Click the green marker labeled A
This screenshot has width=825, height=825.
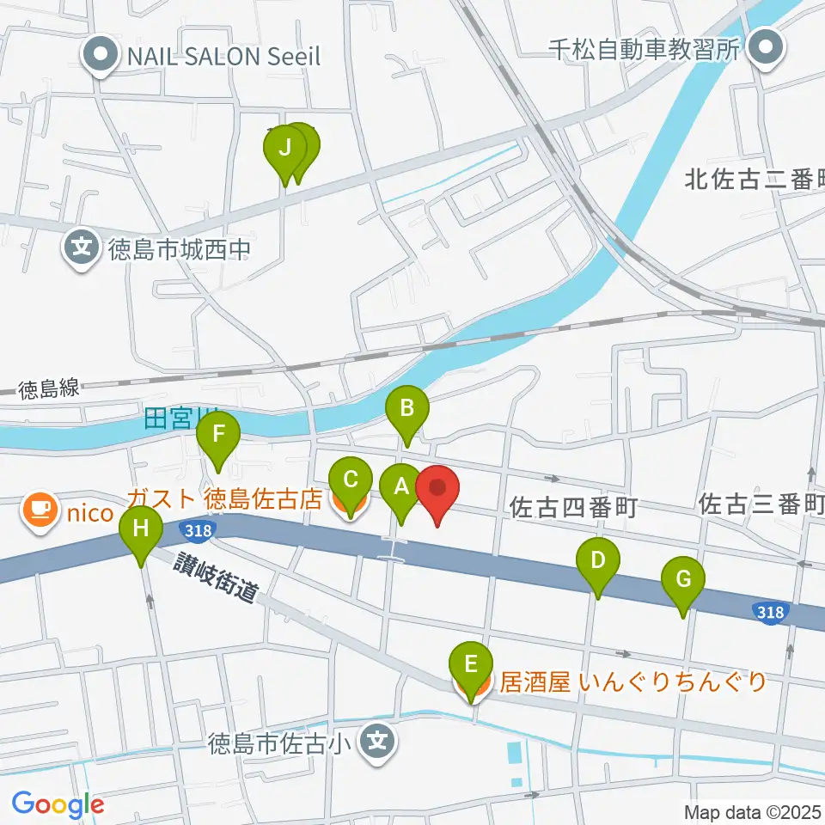tap(401, 488)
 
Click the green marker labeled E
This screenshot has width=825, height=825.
tap(471, 666)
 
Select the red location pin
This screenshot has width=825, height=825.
tap(437, 491)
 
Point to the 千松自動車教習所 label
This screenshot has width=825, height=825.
tap(645, 48)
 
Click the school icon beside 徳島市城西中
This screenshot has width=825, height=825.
tap(82, 249)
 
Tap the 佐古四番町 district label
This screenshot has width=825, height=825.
tap(572, 508)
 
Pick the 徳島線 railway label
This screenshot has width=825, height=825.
tap(48, 388)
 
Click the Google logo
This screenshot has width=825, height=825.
tap(58, 804)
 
